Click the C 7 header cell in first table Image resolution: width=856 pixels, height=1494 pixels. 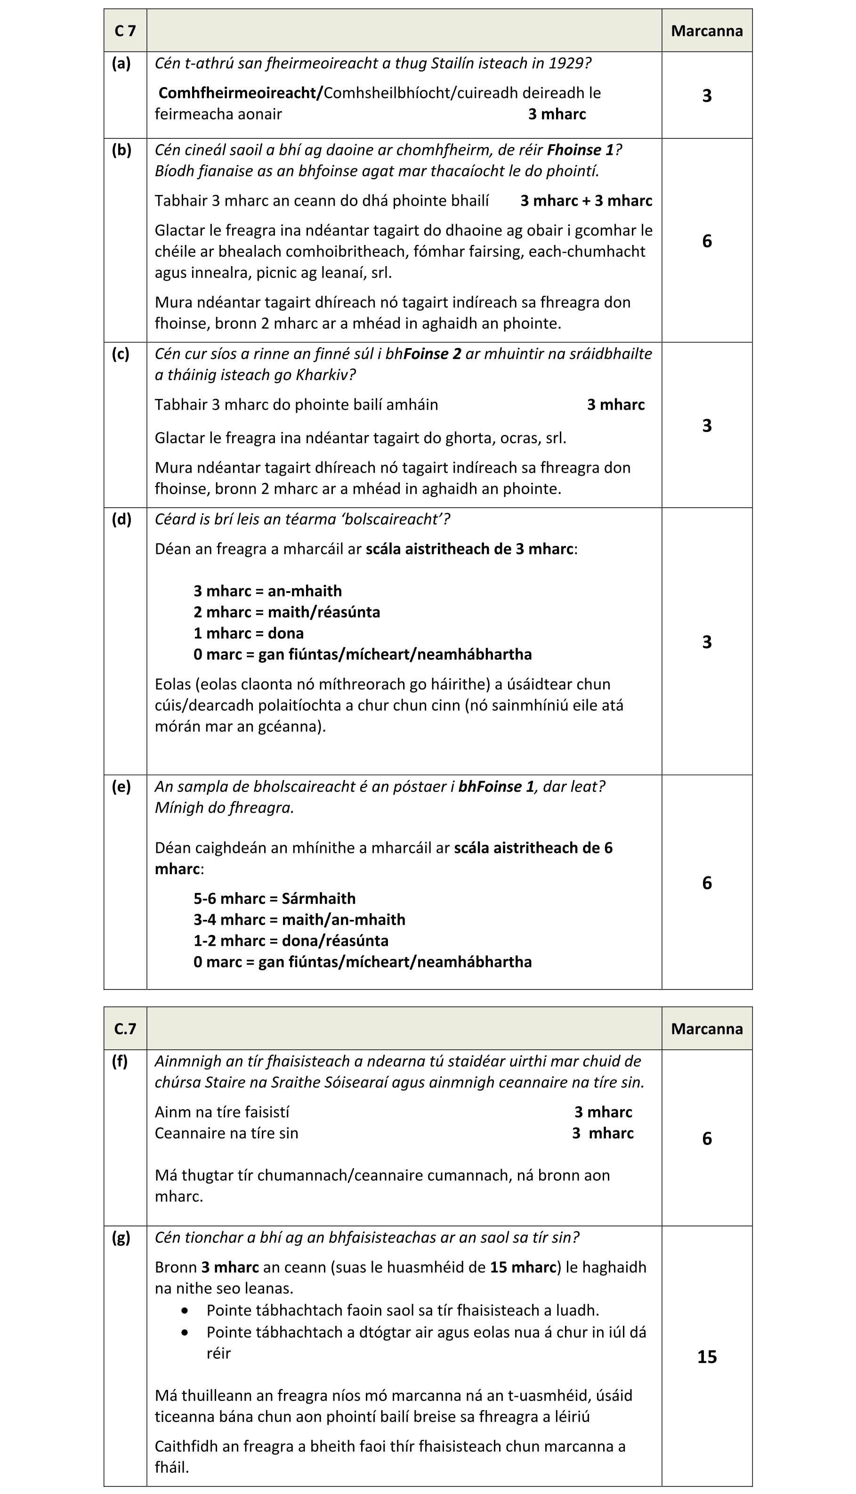pos(125,31)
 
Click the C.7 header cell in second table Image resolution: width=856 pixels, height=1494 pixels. pos(125,1028)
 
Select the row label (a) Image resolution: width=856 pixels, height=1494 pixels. pos(121,64)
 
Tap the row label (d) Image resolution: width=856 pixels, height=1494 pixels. pos(121,519)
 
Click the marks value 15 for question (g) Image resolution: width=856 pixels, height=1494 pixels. pos(707,1356)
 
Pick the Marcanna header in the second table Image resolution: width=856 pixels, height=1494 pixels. pos(707,1028)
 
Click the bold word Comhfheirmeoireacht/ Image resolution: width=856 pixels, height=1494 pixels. pos(241,93)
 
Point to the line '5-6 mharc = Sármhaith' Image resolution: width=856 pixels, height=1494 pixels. pos(274,898)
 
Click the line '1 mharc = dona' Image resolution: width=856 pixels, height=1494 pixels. pos(248,633)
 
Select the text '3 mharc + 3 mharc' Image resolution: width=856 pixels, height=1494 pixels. pos(586,201)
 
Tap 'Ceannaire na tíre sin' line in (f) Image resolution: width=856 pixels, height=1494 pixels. pos(226,1133)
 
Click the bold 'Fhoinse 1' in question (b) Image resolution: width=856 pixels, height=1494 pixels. pos(580,150)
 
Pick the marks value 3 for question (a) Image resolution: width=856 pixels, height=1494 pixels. pos(707,95)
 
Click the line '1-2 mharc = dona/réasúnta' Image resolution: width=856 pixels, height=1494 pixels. pos(291,941)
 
